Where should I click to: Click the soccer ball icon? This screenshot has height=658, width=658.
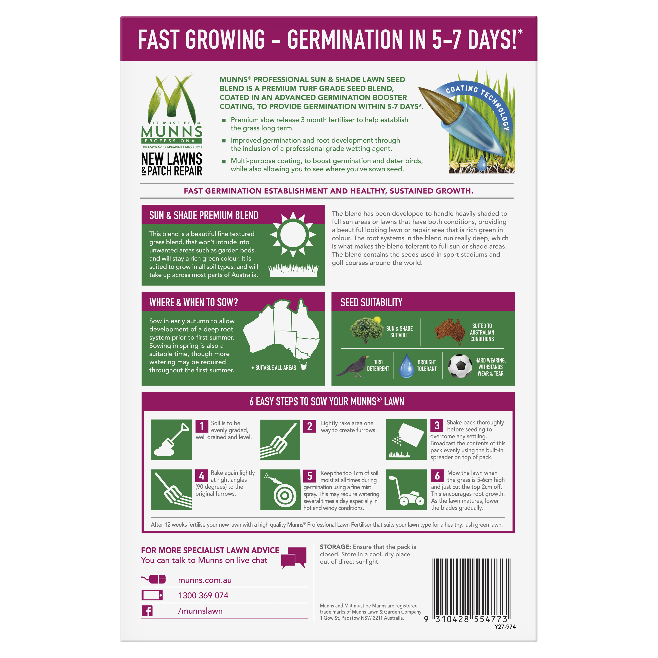(460, 366)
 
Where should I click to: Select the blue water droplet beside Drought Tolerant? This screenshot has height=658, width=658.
(406, 366)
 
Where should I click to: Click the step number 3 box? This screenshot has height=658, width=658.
(437, 425)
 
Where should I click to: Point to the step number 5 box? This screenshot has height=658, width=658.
(310, 476)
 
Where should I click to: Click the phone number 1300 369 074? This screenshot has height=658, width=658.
(203, 595)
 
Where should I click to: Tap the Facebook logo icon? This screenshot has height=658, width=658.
(147, 611)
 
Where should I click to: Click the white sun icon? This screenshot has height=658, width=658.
(293, 234)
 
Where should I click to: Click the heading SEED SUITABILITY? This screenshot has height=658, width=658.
(371, 302)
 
